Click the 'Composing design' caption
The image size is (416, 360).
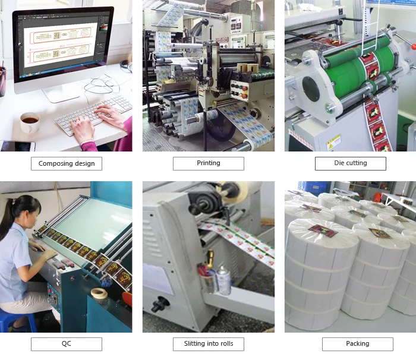coord(67,163)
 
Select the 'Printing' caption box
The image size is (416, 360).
coord(208,163)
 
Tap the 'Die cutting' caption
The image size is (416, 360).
coord(350,163)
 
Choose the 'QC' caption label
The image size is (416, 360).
coord(67,344)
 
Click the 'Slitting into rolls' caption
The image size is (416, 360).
coord(208,344)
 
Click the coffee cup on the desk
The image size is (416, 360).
coord(29,122)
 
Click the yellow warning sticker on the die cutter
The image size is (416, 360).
coord(333,141)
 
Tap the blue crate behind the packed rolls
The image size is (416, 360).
coord(314,187)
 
